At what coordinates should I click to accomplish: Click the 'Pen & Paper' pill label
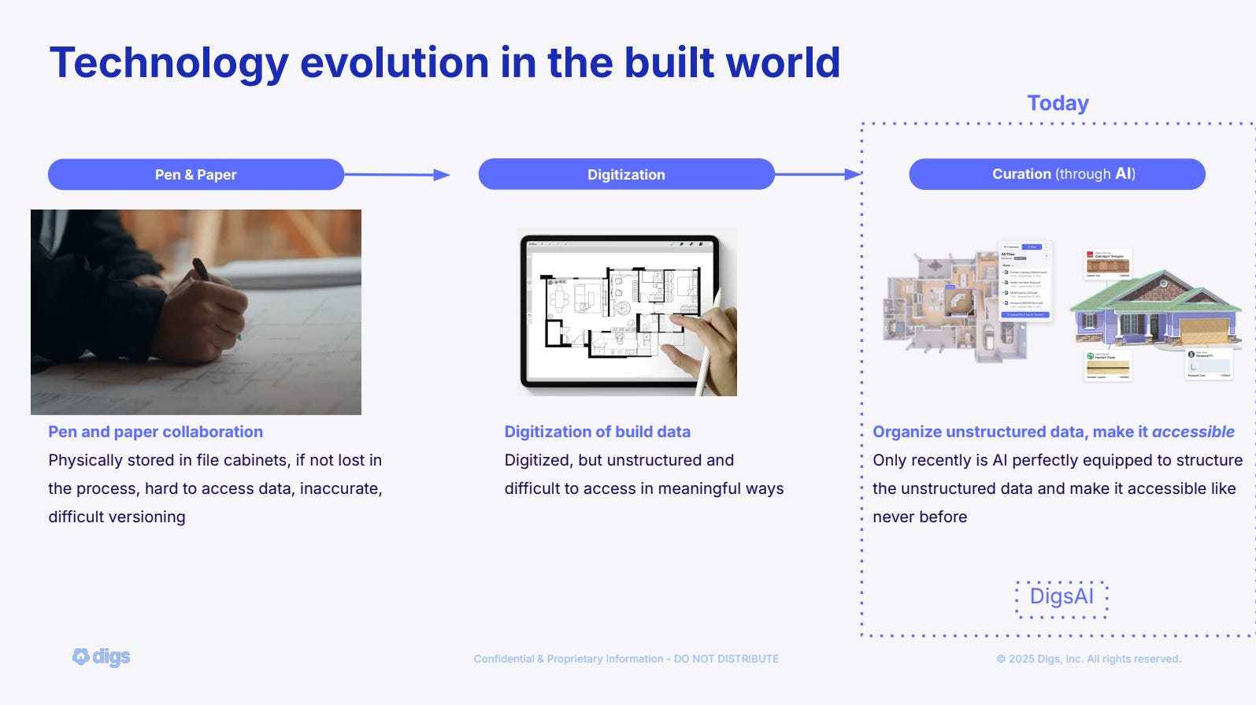point(195,175)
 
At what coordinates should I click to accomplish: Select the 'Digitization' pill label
point(626,175)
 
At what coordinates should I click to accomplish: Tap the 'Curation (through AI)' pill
point(1057,174)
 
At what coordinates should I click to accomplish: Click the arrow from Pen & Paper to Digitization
point(397,175)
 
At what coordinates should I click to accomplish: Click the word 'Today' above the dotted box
point(1058,103)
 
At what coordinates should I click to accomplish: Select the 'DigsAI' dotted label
point(1061,596)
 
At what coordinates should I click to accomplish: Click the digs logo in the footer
point(102,656)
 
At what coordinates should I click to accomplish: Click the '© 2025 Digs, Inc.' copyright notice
point(1089,659)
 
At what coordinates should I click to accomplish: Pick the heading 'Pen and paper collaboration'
point(155,432)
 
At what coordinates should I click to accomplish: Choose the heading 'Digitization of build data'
point(597,432)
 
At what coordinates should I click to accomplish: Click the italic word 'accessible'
point(1193,432)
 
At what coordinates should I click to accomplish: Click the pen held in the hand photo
point(202,270)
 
